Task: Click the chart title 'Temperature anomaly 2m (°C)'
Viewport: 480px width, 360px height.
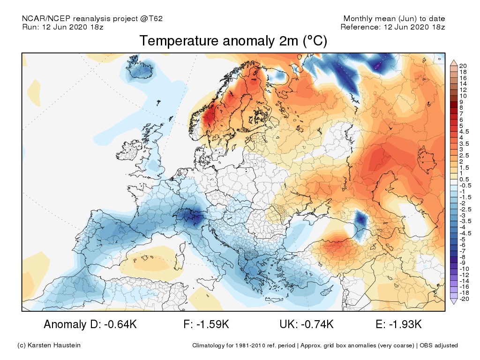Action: pos(233,41)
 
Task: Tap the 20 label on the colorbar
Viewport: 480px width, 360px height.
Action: pos(463,66)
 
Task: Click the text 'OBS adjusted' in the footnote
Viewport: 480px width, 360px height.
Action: pos(439,345)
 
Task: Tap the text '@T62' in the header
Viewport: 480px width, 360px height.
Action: pos(152,19)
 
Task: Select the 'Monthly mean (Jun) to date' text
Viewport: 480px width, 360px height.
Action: pos(394,19)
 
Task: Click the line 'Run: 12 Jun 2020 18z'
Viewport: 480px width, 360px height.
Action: pos(63,27)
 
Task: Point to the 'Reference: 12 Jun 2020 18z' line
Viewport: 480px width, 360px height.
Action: pos(392,27)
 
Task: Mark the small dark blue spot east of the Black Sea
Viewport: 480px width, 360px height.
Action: pos(360,219)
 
